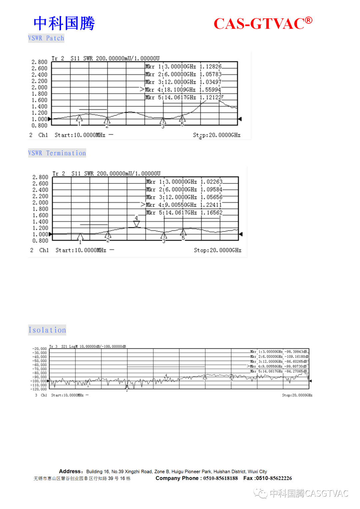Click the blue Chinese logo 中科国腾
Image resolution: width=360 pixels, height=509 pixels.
pyautogui.click(x=64, y=23)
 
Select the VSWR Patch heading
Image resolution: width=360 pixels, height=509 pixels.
pyautogui.click(x=46, y=38)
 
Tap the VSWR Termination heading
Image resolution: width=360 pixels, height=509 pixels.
pyautogui.click(x=57, y=153)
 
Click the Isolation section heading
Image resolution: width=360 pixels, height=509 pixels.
pyautogui.click(x=47, y=330)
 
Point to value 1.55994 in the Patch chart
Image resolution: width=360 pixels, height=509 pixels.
pyautogui.click(x=210, y=90)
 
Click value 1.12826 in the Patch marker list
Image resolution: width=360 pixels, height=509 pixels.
pyautogui.click(x=211, y=67)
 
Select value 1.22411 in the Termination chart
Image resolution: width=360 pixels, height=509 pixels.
pyautogui.click(x=211, y=205)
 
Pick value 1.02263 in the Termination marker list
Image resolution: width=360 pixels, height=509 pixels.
pyautogui.click(x=211, y=182)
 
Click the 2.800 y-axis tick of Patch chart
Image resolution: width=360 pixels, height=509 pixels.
pyautogui.click(x=39, y=62)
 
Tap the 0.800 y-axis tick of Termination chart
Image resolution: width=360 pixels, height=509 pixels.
pyautogui.click(x=40, y=241)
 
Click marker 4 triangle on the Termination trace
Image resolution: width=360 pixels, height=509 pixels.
pyautogui.click(x=136, y=224)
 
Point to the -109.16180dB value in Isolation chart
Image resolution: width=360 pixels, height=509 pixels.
pyautogui.click(x=296, y=356)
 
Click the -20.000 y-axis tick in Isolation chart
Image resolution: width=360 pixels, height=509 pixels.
pyautogui.click(x=39, y=349)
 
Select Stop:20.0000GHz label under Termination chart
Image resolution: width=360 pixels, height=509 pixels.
pyautogui.click(x=218, y=250)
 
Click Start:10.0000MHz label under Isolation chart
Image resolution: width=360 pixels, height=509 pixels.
pyautogui.click(x=67, y=395)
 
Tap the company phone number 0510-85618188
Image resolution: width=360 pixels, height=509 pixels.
pyautogui.click(x=220, y=478)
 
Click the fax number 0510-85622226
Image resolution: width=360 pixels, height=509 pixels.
pyautogui.click(x=274, y=478)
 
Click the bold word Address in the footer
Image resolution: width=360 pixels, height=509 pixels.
pyautogui.click(x=70, y=471)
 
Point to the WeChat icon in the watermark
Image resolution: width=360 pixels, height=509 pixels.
pyautogui.click(x=260, y=493)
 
